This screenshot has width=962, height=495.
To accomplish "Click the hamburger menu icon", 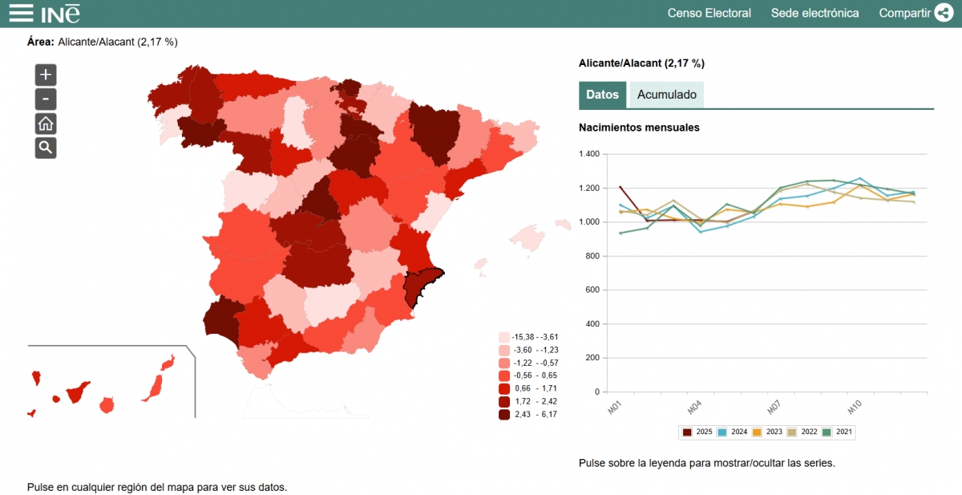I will pyautogui.click(x=22, y=13).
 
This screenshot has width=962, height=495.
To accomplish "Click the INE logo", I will pyautogui.click(x=61, y=13).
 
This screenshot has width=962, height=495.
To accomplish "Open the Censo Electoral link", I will pyautogui.click(x=709, y=13).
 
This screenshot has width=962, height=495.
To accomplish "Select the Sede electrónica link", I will pyautogui.click(x=814, y=13).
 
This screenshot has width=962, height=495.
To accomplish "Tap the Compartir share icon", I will pyautogui.click(x=944, y=13).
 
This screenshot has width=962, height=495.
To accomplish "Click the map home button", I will pyautogui.click(x=46, y=124).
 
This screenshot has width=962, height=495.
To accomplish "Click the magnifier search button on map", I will pyautogui.click(x=46, y=148).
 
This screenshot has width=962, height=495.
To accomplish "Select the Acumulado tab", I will pyautogui.click(x=666, y=95).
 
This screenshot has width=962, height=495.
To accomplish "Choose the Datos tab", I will pyautogui.click(x=602, y=95).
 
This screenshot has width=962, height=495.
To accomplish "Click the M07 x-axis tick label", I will pyautogui.click(x=773, y=408).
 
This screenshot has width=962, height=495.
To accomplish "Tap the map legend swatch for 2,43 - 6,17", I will pyautogui.click(x=504, y=414).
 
